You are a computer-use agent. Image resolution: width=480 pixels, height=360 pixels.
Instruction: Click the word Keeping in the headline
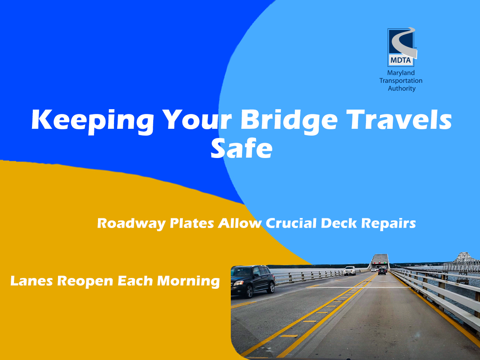pyautogui.click(x=93, y=122)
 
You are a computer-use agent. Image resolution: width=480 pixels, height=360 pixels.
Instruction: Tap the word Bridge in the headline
pyautogui.click(x=289, y=122)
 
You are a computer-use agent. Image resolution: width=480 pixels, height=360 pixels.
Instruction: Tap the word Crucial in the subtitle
pyautogui.click(x=291, y=223)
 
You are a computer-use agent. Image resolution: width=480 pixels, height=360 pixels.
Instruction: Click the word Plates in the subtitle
pyautogui.click(x=192, y=223)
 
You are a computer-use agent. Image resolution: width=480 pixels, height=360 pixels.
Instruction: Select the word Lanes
pyautogui.click(x=32, y=281)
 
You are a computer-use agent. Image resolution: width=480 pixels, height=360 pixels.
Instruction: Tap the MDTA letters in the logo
pyautogui.click(x=400, y=60)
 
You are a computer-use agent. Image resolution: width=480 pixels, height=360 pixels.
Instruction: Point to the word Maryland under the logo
pyautogui.click(x=401, y=73)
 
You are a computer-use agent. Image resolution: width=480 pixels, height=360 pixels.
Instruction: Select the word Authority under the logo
pyautogui.click(x=402, y=89)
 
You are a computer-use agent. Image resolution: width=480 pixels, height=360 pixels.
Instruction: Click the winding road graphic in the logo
pyautogui.click(x=404, y=44)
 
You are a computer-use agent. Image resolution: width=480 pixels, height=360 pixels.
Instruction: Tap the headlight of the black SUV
pyautogui.click(x=238, y=283)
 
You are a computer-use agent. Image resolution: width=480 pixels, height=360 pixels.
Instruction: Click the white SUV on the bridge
pyautogui.click(x=350, y=271)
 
